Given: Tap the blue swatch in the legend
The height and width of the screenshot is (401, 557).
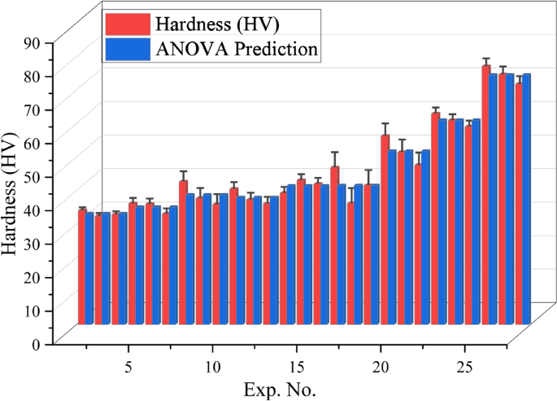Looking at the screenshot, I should [x=127, y=50].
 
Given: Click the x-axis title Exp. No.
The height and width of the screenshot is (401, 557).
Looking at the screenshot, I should [x=279, y=388].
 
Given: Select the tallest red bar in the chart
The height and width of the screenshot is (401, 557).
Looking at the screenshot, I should [x=485, y=194].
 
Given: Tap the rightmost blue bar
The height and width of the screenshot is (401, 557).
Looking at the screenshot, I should [x=526, y=199].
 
